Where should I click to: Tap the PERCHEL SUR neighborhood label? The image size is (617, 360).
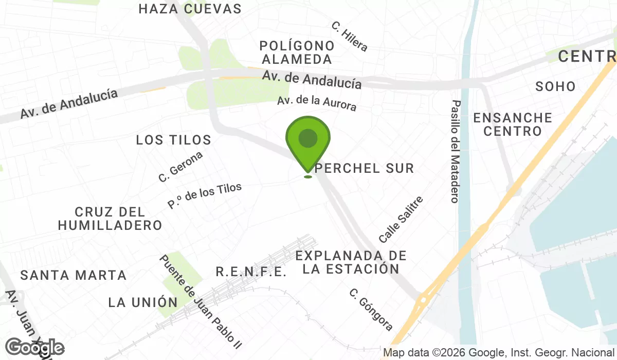coord(365,168)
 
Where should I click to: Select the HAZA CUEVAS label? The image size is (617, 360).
coord(190,9)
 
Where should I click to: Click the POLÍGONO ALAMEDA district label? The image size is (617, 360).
coord(297,52)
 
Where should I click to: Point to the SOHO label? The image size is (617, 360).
coord(555,86)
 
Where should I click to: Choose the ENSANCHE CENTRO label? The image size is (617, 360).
coord(513,124)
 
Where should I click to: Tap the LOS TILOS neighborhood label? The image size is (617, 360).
coord(174,140)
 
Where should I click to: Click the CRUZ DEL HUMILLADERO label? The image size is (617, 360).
coord(110,219)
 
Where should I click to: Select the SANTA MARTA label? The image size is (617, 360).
coord(74,275)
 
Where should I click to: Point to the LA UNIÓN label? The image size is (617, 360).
coord(143,302)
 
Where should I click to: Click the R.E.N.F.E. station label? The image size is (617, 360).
coord(251,272)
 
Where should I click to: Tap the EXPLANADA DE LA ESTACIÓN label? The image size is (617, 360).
coord(351,262)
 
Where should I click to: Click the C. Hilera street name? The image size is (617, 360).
coord(350,37)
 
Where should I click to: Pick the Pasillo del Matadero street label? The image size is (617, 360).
coord(455,151)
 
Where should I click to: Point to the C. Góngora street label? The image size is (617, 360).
coord(371,310)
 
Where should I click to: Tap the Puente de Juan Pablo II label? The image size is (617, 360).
coord(200,301)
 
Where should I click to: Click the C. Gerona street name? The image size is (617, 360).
coord(180,167)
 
